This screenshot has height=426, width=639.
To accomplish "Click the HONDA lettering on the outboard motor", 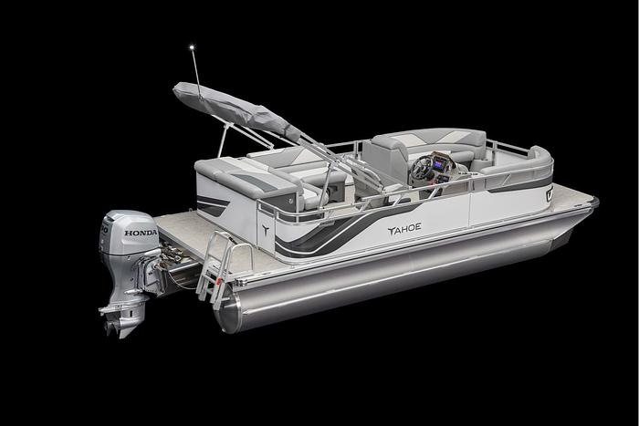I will [x=140, y=234].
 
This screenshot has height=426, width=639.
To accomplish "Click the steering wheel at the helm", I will [x=424, y=168].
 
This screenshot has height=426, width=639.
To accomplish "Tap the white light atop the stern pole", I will [x=192, y=43].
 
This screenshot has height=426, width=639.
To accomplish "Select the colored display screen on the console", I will [x=440, y=161].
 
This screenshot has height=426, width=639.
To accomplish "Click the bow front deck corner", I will [x=591, y=200].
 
